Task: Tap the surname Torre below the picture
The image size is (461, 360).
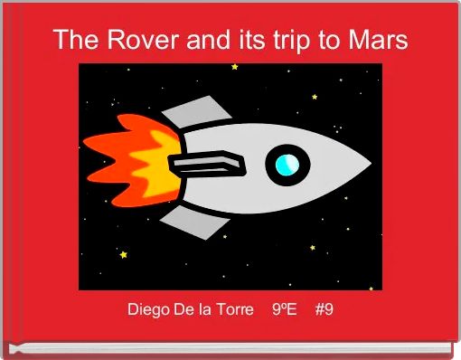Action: (233, 310)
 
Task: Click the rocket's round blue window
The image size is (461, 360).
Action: (287, 164)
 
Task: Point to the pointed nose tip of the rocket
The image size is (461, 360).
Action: (369, 165)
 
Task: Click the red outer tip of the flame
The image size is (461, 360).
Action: (90, 145)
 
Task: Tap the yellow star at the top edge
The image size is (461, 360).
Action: (235, 66)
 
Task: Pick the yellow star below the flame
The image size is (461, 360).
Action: (123, 254)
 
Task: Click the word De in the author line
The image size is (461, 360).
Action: (189, 310)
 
